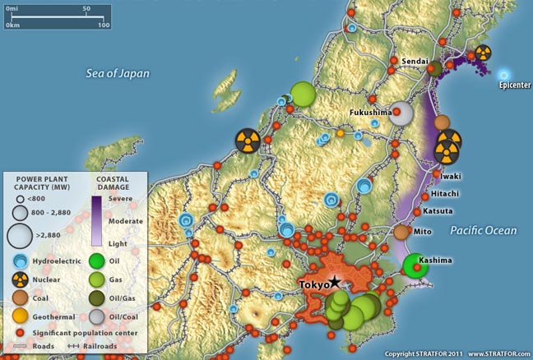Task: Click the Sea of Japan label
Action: [x=118, y=74]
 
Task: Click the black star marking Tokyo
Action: [x=336, y=283]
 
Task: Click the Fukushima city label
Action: [x=366, y=112]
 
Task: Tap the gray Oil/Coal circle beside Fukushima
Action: [x=400, y=114]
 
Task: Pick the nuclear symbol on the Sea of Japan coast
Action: [x=246, y=141]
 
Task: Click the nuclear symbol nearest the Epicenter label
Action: [x=483, y=53]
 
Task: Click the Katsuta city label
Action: [x=438, y=211]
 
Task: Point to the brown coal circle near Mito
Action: [x=401, y=232]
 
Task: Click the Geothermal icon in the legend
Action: [x=18, y=316]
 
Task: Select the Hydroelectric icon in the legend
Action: [x=18, y=262]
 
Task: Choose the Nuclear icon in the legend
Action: [x=18, y=280]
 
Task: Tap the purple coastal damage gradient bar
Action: [x=96, y=221]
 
